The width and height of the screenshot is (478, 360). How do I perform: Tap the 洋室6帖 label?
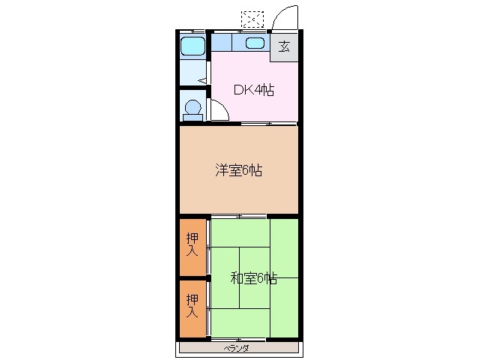(x=238, y=170)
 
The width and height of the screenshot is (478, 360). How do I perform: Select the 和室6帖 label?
(x=253, y=278)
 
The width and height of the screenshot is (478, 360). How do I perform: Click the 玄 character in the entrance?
(x=284, y=46)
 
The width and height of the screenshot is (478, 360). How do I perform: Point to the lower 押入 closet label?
(x=193, y=305)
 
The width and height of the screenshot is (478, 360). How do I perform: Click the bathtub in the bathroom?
(x=193, y=46)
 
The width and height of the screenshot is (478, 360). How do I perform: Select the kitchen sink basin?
(x=254, y=43)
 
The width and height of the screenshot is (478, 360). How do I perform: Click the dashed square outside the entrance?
(x=253, y=18)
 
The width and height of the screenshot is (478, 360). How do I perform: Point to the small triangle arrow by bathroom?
(x=203, y=77)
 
